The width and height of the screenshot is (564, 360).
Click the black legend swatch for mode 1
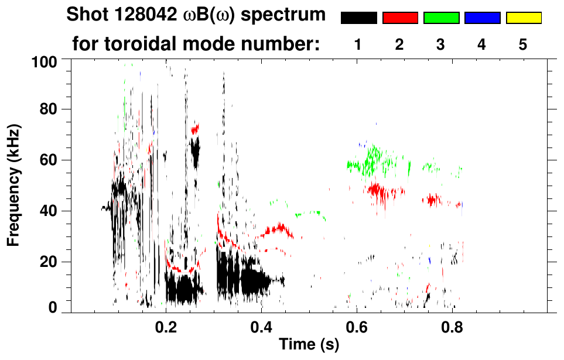tap(358, 18)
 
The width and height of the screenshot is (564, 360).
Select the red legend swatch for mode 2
tap(400, 18)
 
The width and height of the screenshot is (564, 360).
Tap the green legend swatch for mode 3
tap(441, 18)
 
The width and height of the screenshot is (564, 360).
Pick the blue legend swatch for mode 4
tap(482, 18)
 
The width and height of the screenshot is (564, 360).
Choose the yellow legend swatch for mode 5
tap(524, 18)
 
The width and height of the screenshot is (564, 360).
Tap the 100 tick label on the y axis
tap(45, 61)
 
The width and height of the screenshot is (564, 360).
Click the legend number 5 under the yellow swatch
tap(523, 44)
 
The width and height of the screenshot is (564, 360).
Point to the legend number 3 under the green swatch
tap(441, 44)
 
